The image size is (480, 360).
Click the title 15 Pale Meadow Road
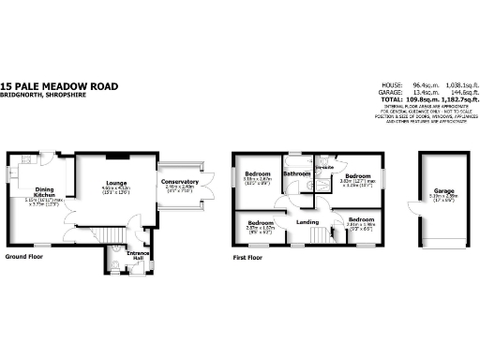click(x=59, y=87)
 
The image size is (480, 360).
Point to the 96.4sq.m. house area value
click(x=412, y=84)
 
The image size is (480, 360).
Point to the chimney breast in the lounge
click(x=117, y=157)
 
